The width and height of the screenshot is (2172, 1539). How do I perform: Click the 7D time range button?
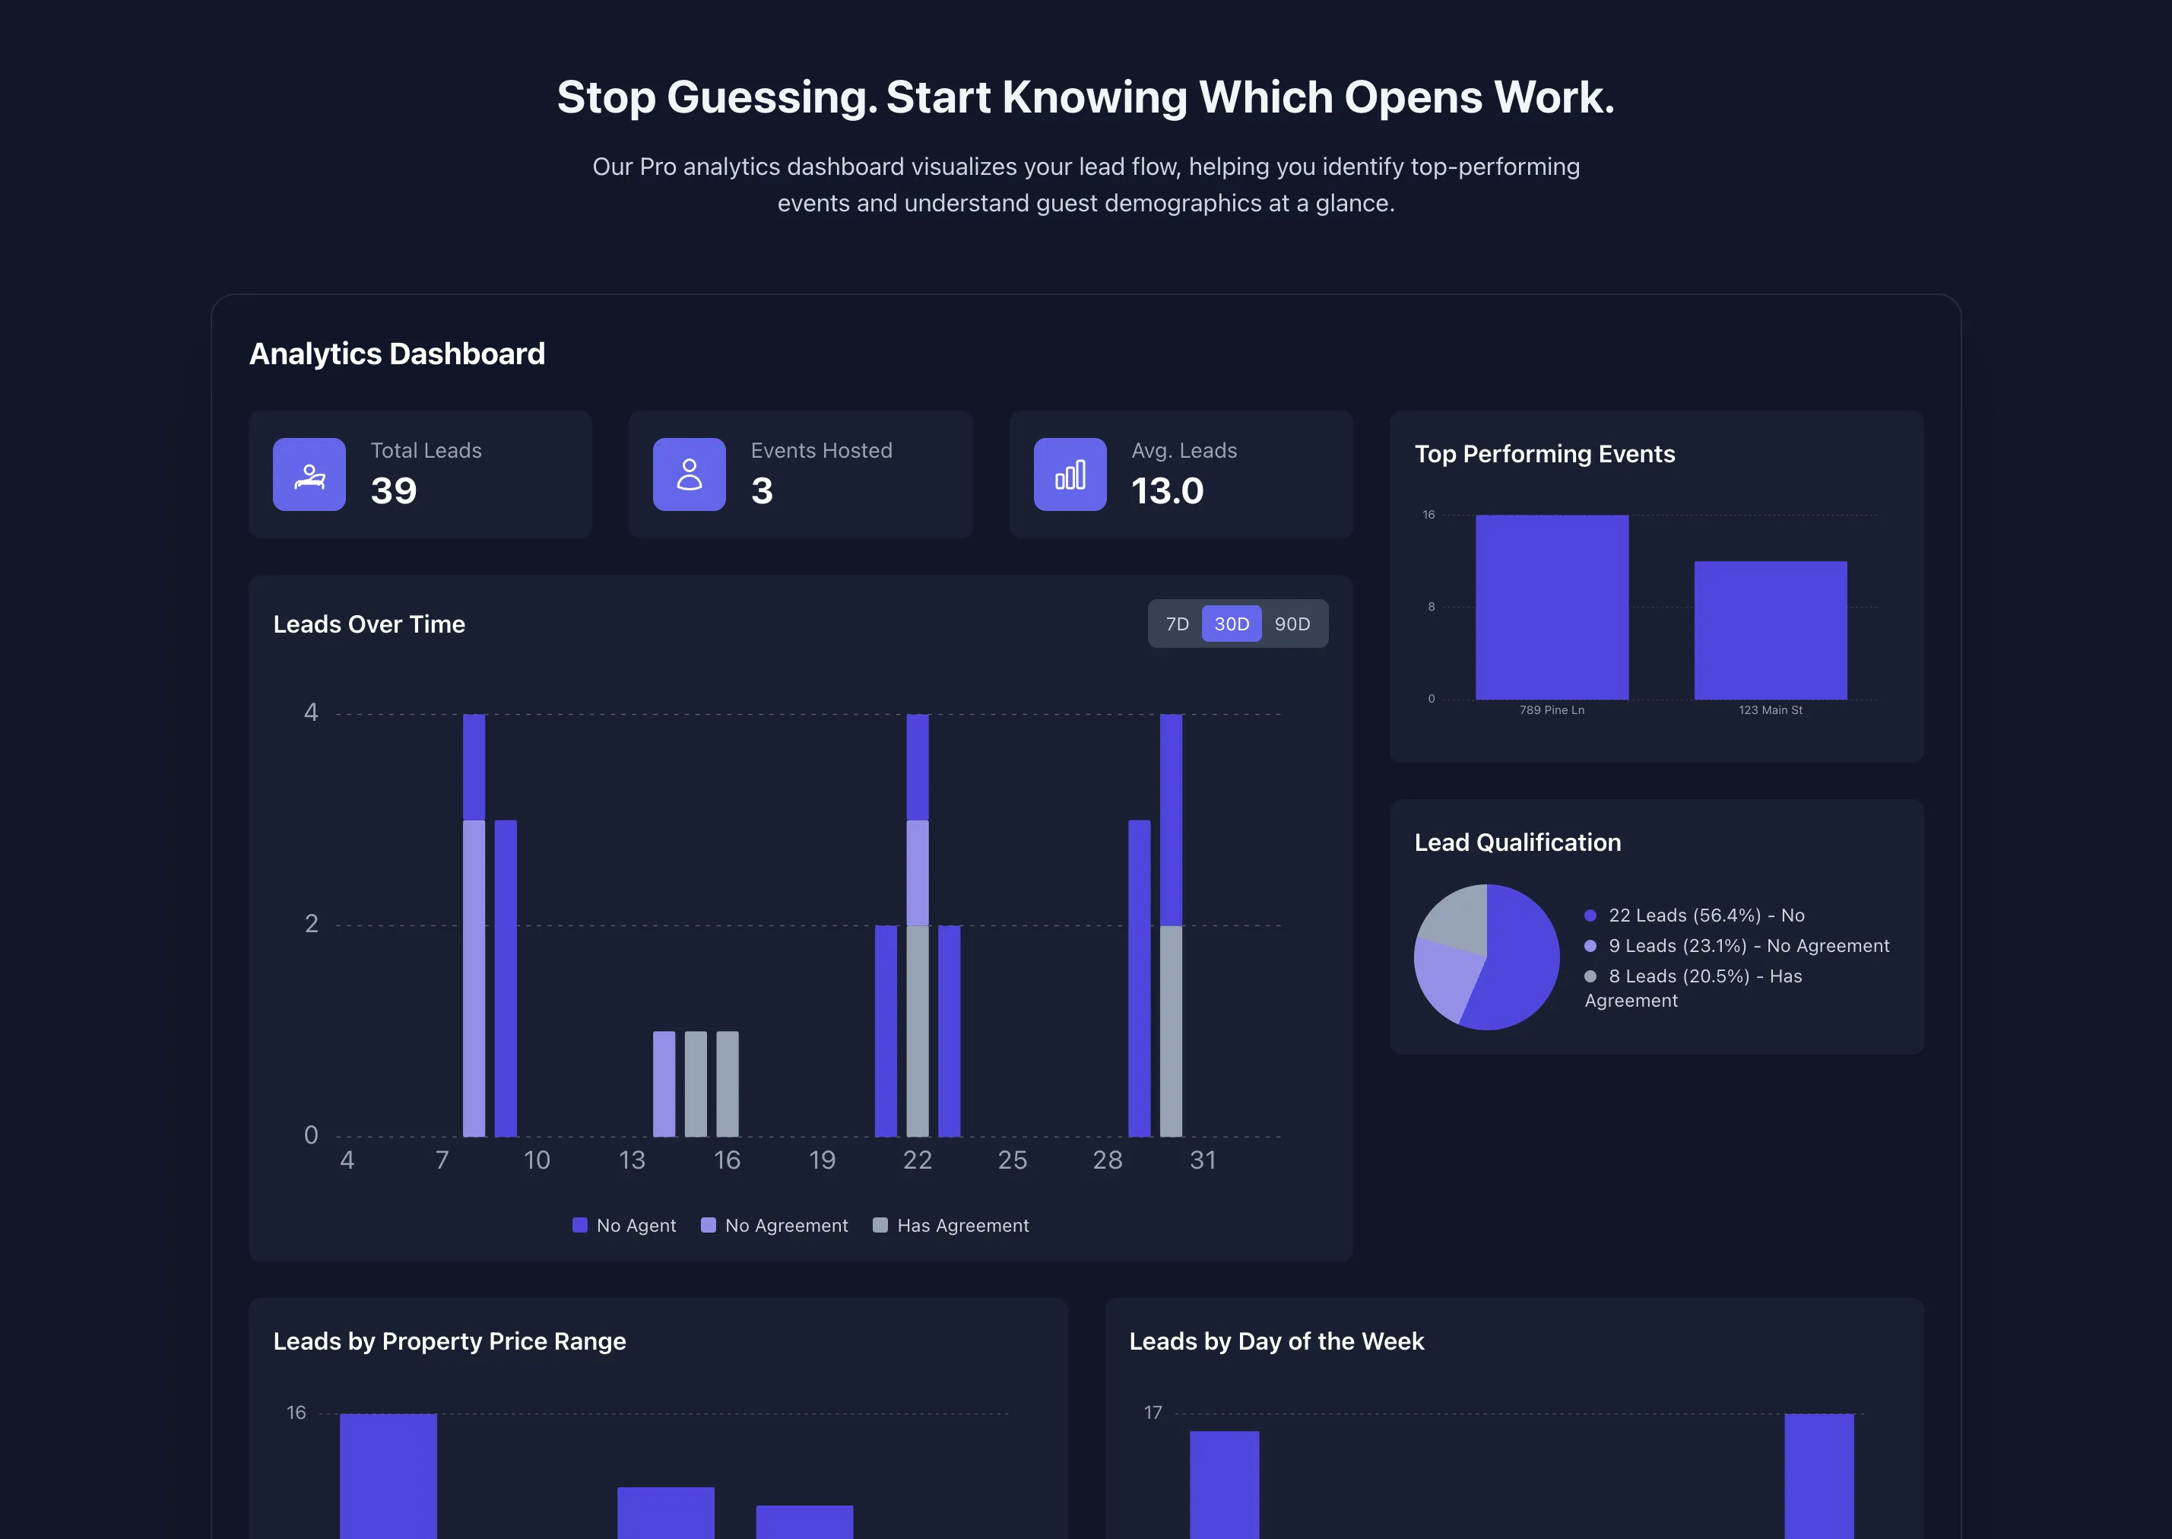pyautogui.click(x=1176, y=624)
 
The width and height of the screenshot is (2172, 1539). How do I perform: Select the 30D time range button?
pyautogui.click(x=1232, y=624)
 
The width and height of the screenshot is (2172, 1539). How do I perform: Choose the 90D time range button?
pyautogui.click(x=1292, y=624)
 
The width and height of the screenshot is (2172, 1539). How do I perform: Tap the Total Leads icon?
pyautogui.click(x=309, y=474)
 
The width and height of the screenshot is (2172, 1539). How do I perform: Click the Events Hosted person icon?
pyautogui.click(x=689, y=474)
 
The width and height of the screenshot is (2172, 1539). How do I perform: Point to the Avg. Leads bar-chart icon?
pyautogui.click(x=1070, y=474)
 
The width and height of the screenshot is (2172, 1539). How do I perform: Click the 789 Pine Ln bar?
pyautogui.click(x=1552, y=607)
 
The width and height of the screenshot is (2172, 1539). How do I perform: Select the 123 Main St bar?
pyautogui.click(x=1769, y=630)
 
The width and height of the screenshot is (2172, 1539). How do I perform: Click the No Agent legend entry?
pyautogui.click(x=624, y=1225)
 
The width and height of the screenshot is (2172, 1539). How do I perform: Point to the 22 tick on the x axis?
pyautogui.click(x=917, y=1160)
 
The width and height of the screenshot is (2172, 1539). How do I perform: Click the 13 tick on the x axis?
pyautogui.click(x=632, y=1160)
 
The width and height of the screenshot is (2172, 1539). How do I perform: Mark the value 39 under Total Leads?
pyautogui.click(x=393, y=491)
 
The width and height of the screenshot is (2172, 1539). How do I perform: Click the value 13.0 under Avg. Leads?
pyautogui.click(x=1167, y=491)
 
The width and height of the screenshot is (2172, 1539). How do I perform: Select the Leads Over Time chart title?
pyautogui.click(x=369, y=624)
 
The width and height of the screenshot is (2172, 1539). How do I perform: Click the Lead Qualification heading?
pyautogui.click(x=1517, y=842)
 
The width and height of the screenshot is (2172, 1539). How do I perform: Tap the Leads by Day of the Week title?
pyautogui.click(x=1276, y=1341)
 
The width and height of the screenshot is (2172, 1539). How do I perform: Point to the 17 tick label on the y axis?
pyautogui.click(x=1153, y=1412)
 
